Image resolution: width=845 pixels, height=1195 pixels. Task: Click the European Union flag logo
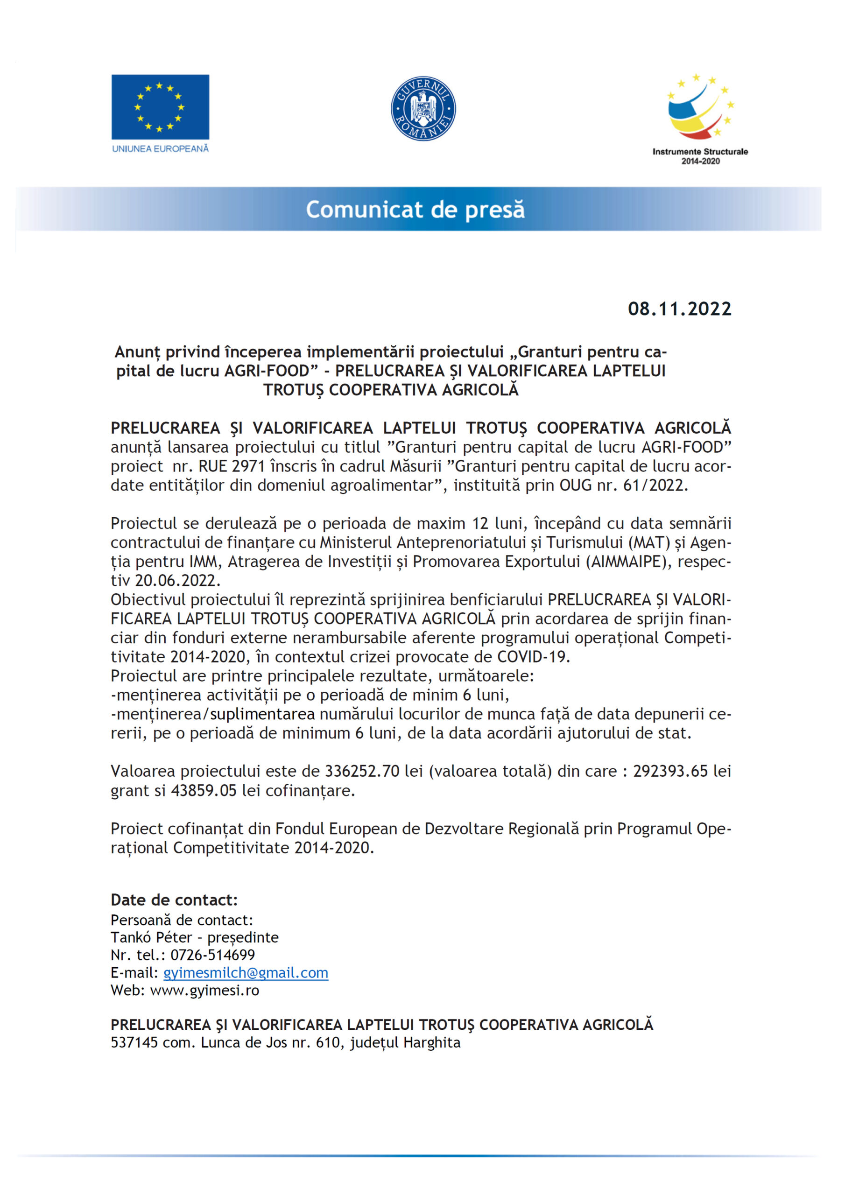(x=160, y=107)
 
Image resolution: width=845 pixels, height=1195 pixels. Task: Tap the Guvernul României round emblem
(x=423, y=108)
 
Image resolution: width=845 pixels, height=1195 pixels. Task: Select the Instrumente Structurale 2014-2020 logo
(x=700, y=119)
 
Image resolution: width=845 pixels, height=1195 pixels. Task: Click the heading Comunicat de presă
(x=415, y=209)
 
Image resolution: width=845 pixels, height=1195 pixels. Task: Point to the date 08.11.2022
(x=679, y=309)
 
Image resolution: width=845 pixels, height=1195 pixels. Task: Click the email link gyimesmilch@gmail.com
(x=246, y=973)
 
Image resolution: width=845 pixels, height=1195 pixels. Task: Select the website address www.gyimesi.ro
(x=204, y=991)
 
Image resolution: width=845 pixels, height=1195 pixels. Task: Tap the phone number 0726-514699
(x=213, y=955)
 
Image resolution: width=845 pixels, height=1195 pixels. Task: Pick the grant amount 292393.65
(x=670, y=771)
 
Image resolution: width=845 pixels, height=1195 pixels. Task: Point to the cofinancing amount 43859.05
(x=204, y=791)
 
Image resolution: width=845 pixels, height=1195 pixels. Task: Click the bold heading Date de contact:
(x=174, y=900)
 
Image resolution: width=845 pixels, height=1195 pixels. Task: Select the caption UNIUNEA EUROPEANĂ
(x=160, y=149)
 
